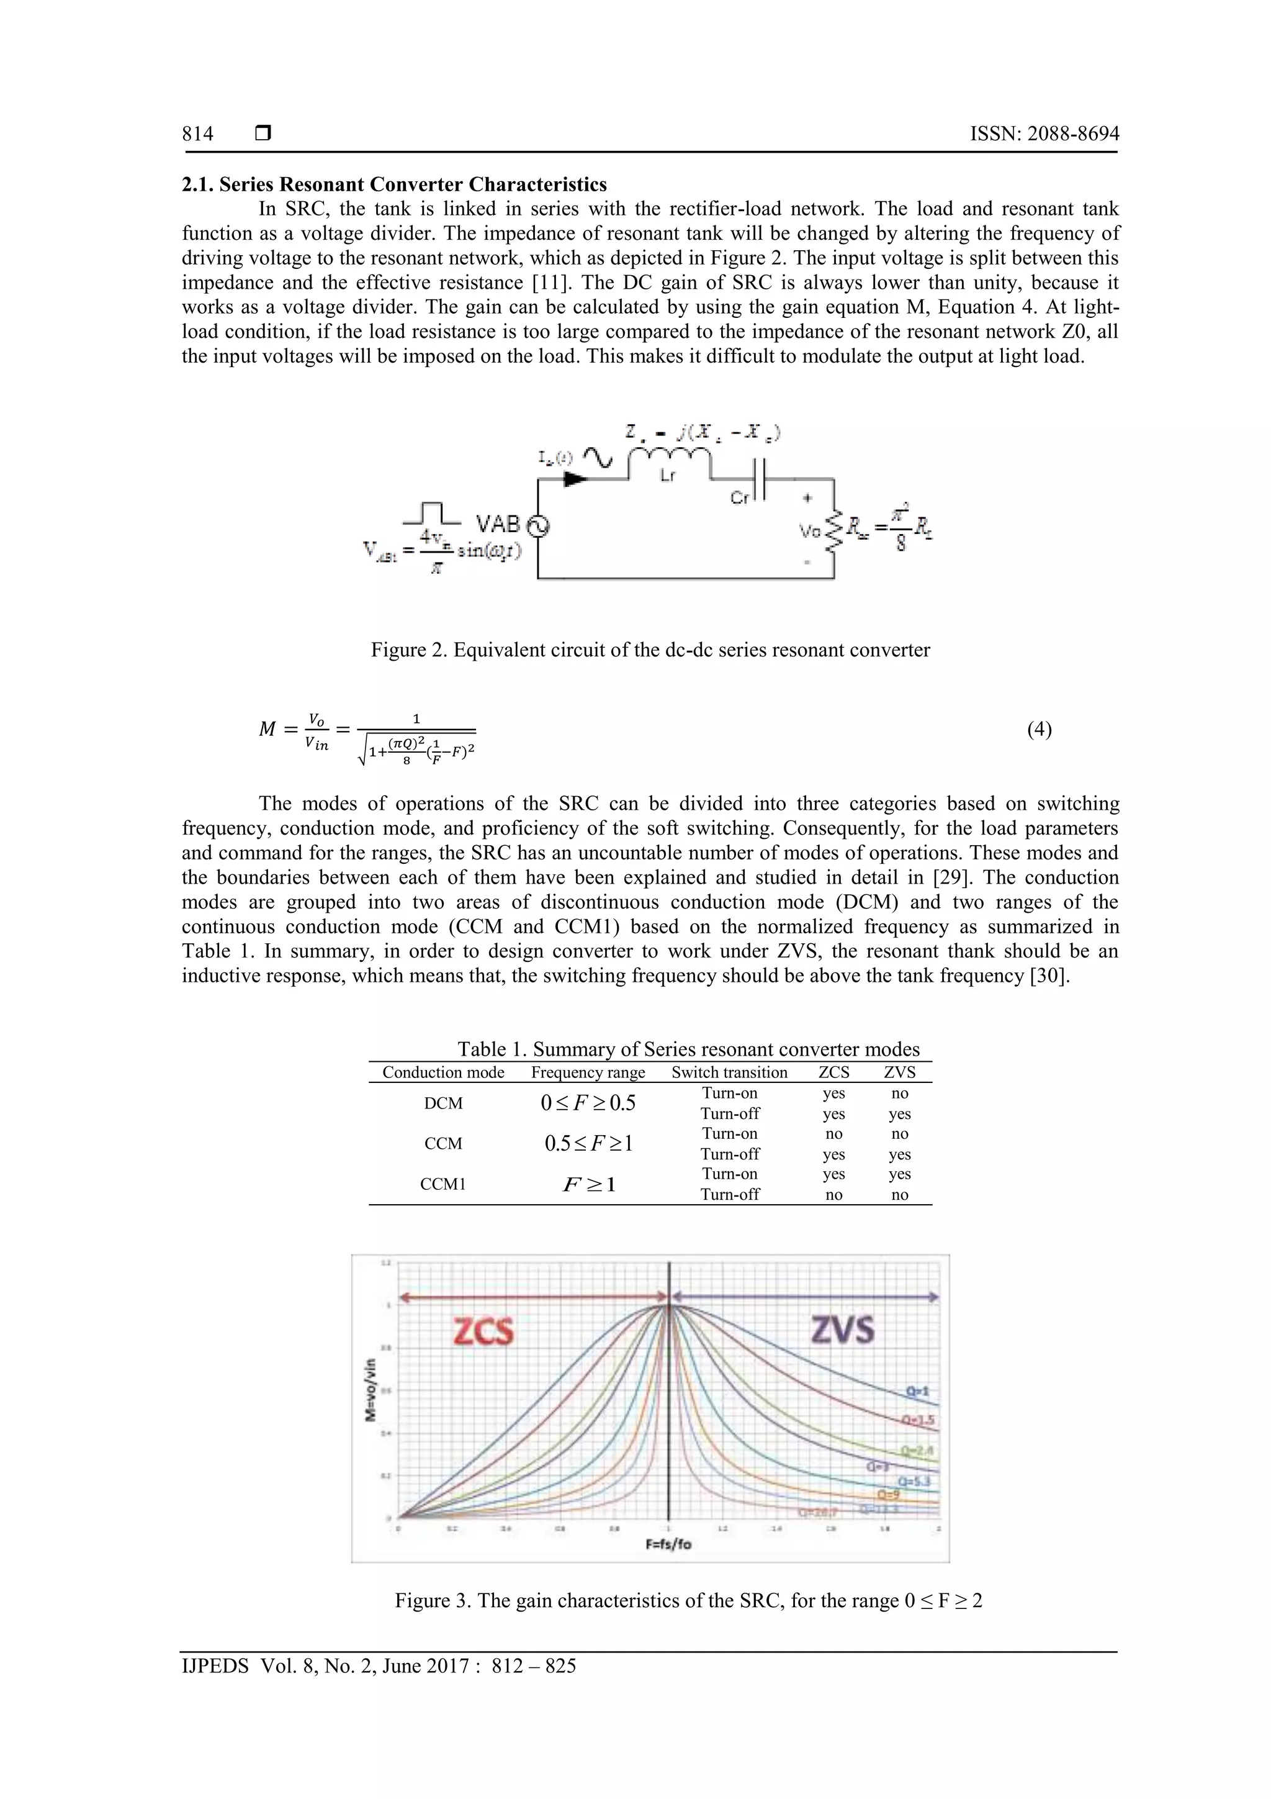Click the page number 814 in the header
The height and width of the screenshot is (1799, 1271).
pyautogui.click(x=197, y=134)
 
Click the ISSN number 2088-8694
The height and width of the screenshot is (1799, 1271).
pyautogui.click(x=1073, y=134)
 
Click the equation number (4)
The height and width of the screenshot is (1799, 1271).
pyautogui.click(x=1039, y=730)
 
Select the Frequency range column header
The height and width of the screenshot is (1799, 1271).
pyautogui.click(x=588, y=1072)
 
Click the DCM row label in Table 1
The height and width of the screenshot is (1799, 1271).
pyautogui.click(x=443, y=1103)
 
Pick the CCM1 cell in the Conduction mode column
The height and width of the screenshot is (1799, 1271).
pyautogui.click(x=443, y=1184)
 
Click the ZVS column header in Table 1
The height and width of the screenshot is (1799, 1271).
pyautogui.click(x=899, y=1072)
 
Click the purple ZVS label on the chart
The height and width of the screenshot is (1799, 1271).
pyautogui.click(x=843, y=1330)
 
